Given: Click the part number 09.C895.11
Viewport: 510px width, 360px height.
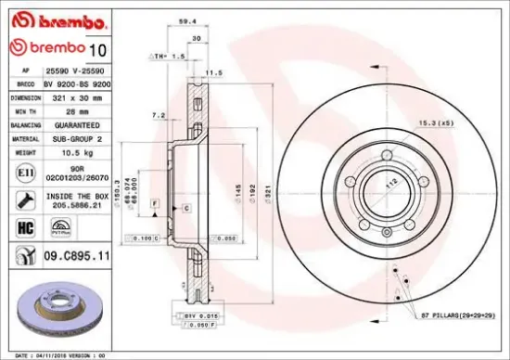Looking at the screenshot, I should point(79,254).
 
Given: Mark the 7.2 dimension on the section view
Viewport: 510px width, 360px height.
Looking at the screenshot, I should point(159,115).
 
